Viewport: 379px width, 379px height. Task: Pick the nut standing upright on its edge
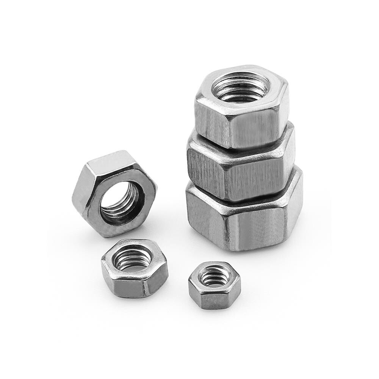[x=114, y=193]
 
